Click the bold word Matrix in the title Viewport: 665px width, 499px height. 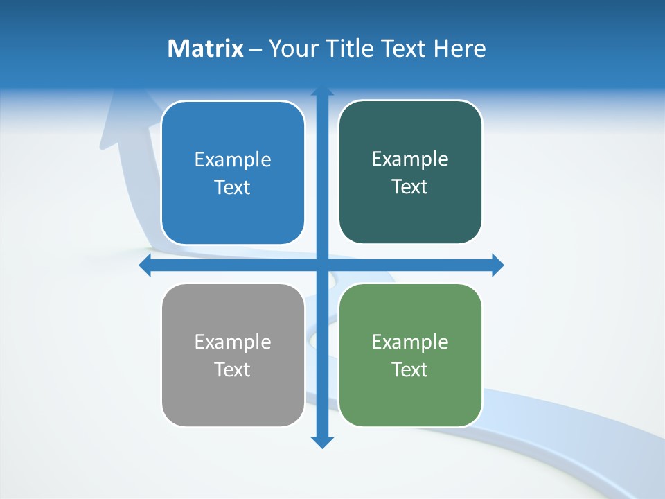pyautogui.click(x=205, y=49)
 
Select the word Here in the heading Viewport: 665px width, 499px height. pyautogui.click(x=459, y=49)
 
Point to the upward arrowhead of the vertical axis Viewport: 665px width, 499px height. pyautogui.click(x=322, y=91)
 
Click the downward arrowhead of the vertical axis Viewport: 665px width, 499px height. pyautogui.click(x=322, y=441)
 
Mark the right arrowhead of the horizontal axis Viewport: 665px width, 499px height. pyautogui.click(x=497, y=265)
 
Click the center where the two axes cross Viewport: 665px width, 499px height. pyautogui.click(x=322, y=265)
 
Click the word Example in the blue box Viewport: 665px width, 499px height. pyautogui.click(x=233, y=160)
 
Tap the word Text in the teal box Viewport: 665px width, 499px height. pyautogui.click(x=410, y=187)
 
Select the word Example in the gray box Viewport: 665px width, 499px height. pyautogui.click(x=233, y=342)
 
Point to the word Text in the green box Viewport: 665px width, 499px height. pyautogui.click(x=410, y=369)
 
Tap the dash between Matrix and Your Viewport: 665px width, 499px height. pyautogui.click(x=256, y=49)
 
